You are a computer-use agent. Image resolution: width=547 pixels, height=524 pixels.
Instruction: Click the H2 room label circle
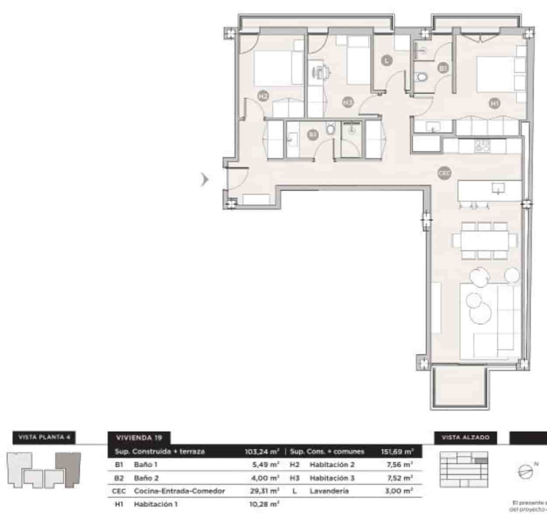click(x=263, y=96)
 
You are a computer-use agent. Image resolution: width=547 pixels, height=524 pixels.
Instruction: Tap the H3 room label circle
click(x=348, y=102)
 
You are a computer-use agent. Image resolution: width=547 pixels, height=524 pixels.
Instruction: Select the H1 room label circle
click(x=495, y=103)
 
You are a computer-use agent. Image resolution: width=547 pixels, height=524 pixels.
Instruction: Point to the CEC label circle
click(x=444, y=173)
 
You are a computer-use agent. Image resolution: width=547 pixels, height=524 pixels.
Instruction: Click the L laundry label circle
click(x=386, y=61)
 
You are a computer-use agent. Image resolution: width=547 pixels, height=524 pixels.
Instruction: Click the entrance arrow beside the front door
click(x=204, y=179)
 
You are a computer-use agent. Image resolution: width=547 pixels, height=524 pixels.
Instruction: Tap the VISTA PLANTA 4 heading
click(x=45, y=437)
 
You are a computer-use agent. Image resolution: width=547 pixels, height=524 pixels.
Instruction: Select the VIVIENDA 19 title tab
click(x=139, y=438)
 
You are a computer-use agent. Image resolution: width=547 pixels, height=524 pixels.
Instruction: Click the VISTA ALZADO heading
click(x=466, y=437)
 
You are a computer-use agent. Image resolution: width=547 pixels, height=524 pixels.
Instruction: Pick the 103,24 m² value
click(x=262, y=452)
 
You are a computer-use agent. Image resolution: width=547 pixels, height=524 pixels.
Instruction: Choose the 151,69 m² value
click(x=397, y=452)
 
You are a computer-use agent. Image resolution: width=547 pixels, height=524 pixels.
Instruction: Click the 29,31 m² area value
click(x=262, y=491)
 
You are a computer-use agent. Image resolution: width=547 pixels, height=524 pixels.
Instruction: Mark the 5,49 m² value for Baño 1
click(x=262, y=465)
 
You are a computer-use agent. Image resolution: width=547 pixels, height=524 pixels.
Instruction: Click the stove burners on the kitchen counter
click(x=483, y=145)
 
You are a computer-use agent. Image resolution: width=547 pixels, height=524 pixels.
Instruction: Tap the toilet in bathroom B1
click(x=422, y=78)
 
